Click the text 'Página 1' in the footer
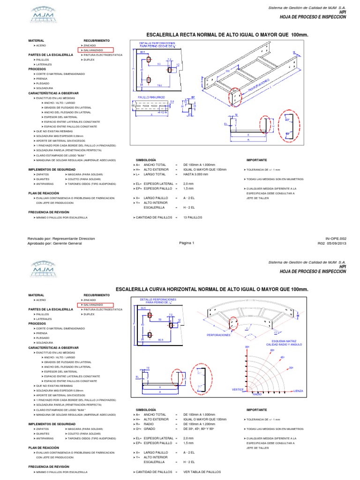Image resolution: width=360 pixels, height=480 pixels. [186, 243]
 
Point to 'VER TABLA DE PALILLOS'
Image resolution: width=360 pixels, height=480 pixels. [202, 472]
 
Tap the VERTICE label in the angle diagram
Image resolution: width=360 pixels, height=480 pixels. [238, 389]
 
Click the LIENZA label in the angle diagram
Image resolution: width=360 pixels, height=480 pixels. [298, 390]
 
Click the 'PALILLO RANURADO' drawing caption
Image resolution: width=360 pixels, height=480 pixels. [152, 97]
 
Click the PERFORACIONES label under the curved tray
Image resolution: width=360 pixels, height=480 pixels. [219, 335]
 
